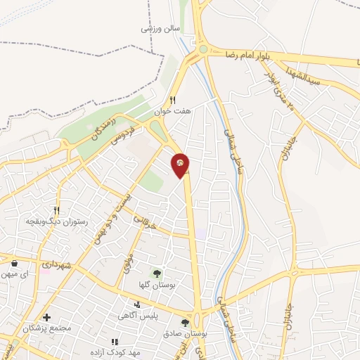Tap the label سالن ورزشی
tap(160, 28)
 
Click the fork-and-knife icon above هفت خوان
tap(173, 100)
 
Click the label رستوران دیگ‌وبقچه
tap(56, 221)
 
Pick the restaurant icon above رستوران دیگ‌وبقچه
tap(57, 210)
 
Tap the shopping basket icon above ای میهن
tap(14, 263)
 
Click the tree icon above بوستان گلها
tap(157, 272)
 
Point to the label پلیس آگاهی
tap(137, 316)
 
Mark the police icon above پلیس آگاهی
tap(137, 305)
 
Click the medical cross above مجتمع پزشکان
tap(47, 317)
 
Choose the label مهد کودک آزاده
tap(115, 351)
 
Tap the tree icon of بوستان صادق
tap(185, 322)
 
